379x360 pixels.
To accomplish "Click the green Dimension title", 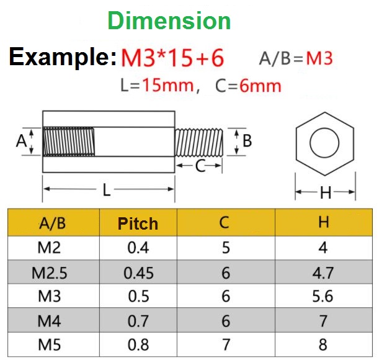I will tap(169, 20).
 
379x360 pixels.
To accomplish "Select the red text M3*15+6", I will tap(172, 58).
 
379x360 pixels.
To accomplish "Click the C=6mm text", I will tap(248, 85).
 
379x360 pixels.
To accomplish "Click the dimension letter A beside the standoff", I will tap(20, 141).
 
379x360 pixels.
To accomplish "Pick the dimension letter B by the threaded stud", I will tap(247, 141).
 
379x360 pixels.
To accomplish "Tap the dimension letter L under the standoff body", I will tap(107, 191).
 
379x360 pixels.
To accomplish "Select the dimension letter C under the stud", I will tap(200, 166).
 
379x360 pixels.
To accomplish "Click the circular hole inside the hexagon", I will tap(324, 142).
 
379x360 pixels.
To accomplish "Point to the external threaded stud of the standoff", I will tap(198, 142).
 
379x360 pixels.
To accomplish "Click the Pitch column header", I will tap(138, 223).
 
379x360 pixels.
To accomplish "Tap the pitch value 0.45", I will tap(138, 272).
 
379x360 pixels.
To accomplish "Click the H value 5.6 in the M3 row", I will tap(323, 296).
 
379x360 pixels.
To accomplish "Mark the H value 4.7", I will tap(323, 272).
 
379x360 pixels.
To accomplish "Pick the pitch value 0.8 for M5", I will tap(138, 344).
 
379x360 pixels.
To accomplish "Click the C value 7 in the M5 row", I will tap(225, 344).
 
